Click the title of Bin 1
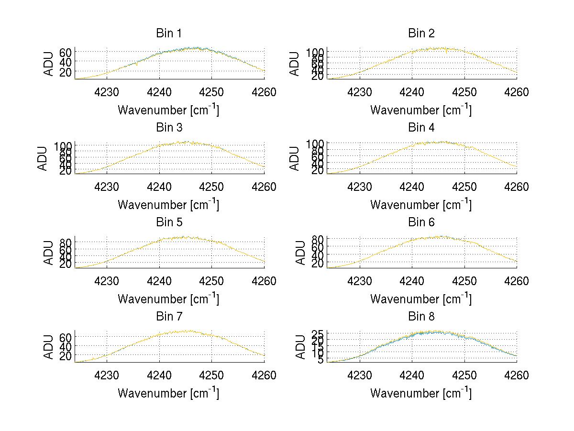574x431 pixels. coord(169,33)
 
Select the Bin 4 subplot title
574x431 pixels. coord(421,128)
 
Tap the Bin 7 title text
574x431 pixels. coord(169,317)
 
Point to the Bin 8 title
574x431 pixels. coord(421,317)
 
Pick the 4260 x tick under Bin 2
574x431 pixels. coord(517,92)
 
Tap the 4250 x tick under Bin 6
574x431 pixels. coord(464,281)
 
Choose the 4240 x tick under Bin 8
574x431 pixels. coord(411,376)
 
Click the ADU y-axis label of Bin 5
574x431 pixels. coord(49,253)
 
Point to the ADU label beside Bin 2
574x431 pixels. coord(295,64)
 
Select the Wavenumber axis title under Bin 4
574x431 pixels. coord(421,205)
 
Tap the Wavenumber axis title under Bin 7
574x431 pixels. coord(168,393)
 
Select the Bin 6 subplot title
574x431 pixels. coord(421,222)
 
